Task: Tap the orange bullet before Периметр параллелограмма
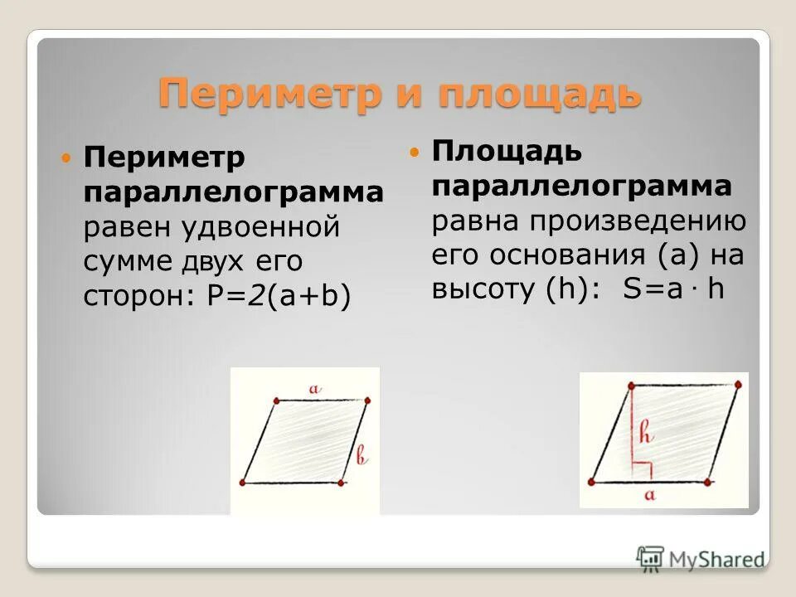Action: [x=68, y=157]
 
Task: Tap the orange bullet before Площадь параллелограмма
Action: [x=416, y=152]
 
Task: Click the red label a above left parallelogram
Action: [x=313, y=387]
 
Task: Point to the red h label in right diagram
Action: [x=646, y=433]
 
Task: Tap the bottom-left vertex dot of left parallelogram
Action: [x=242, y=483]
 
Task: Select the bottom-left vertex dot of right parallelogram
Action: [x=593, y=480]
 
